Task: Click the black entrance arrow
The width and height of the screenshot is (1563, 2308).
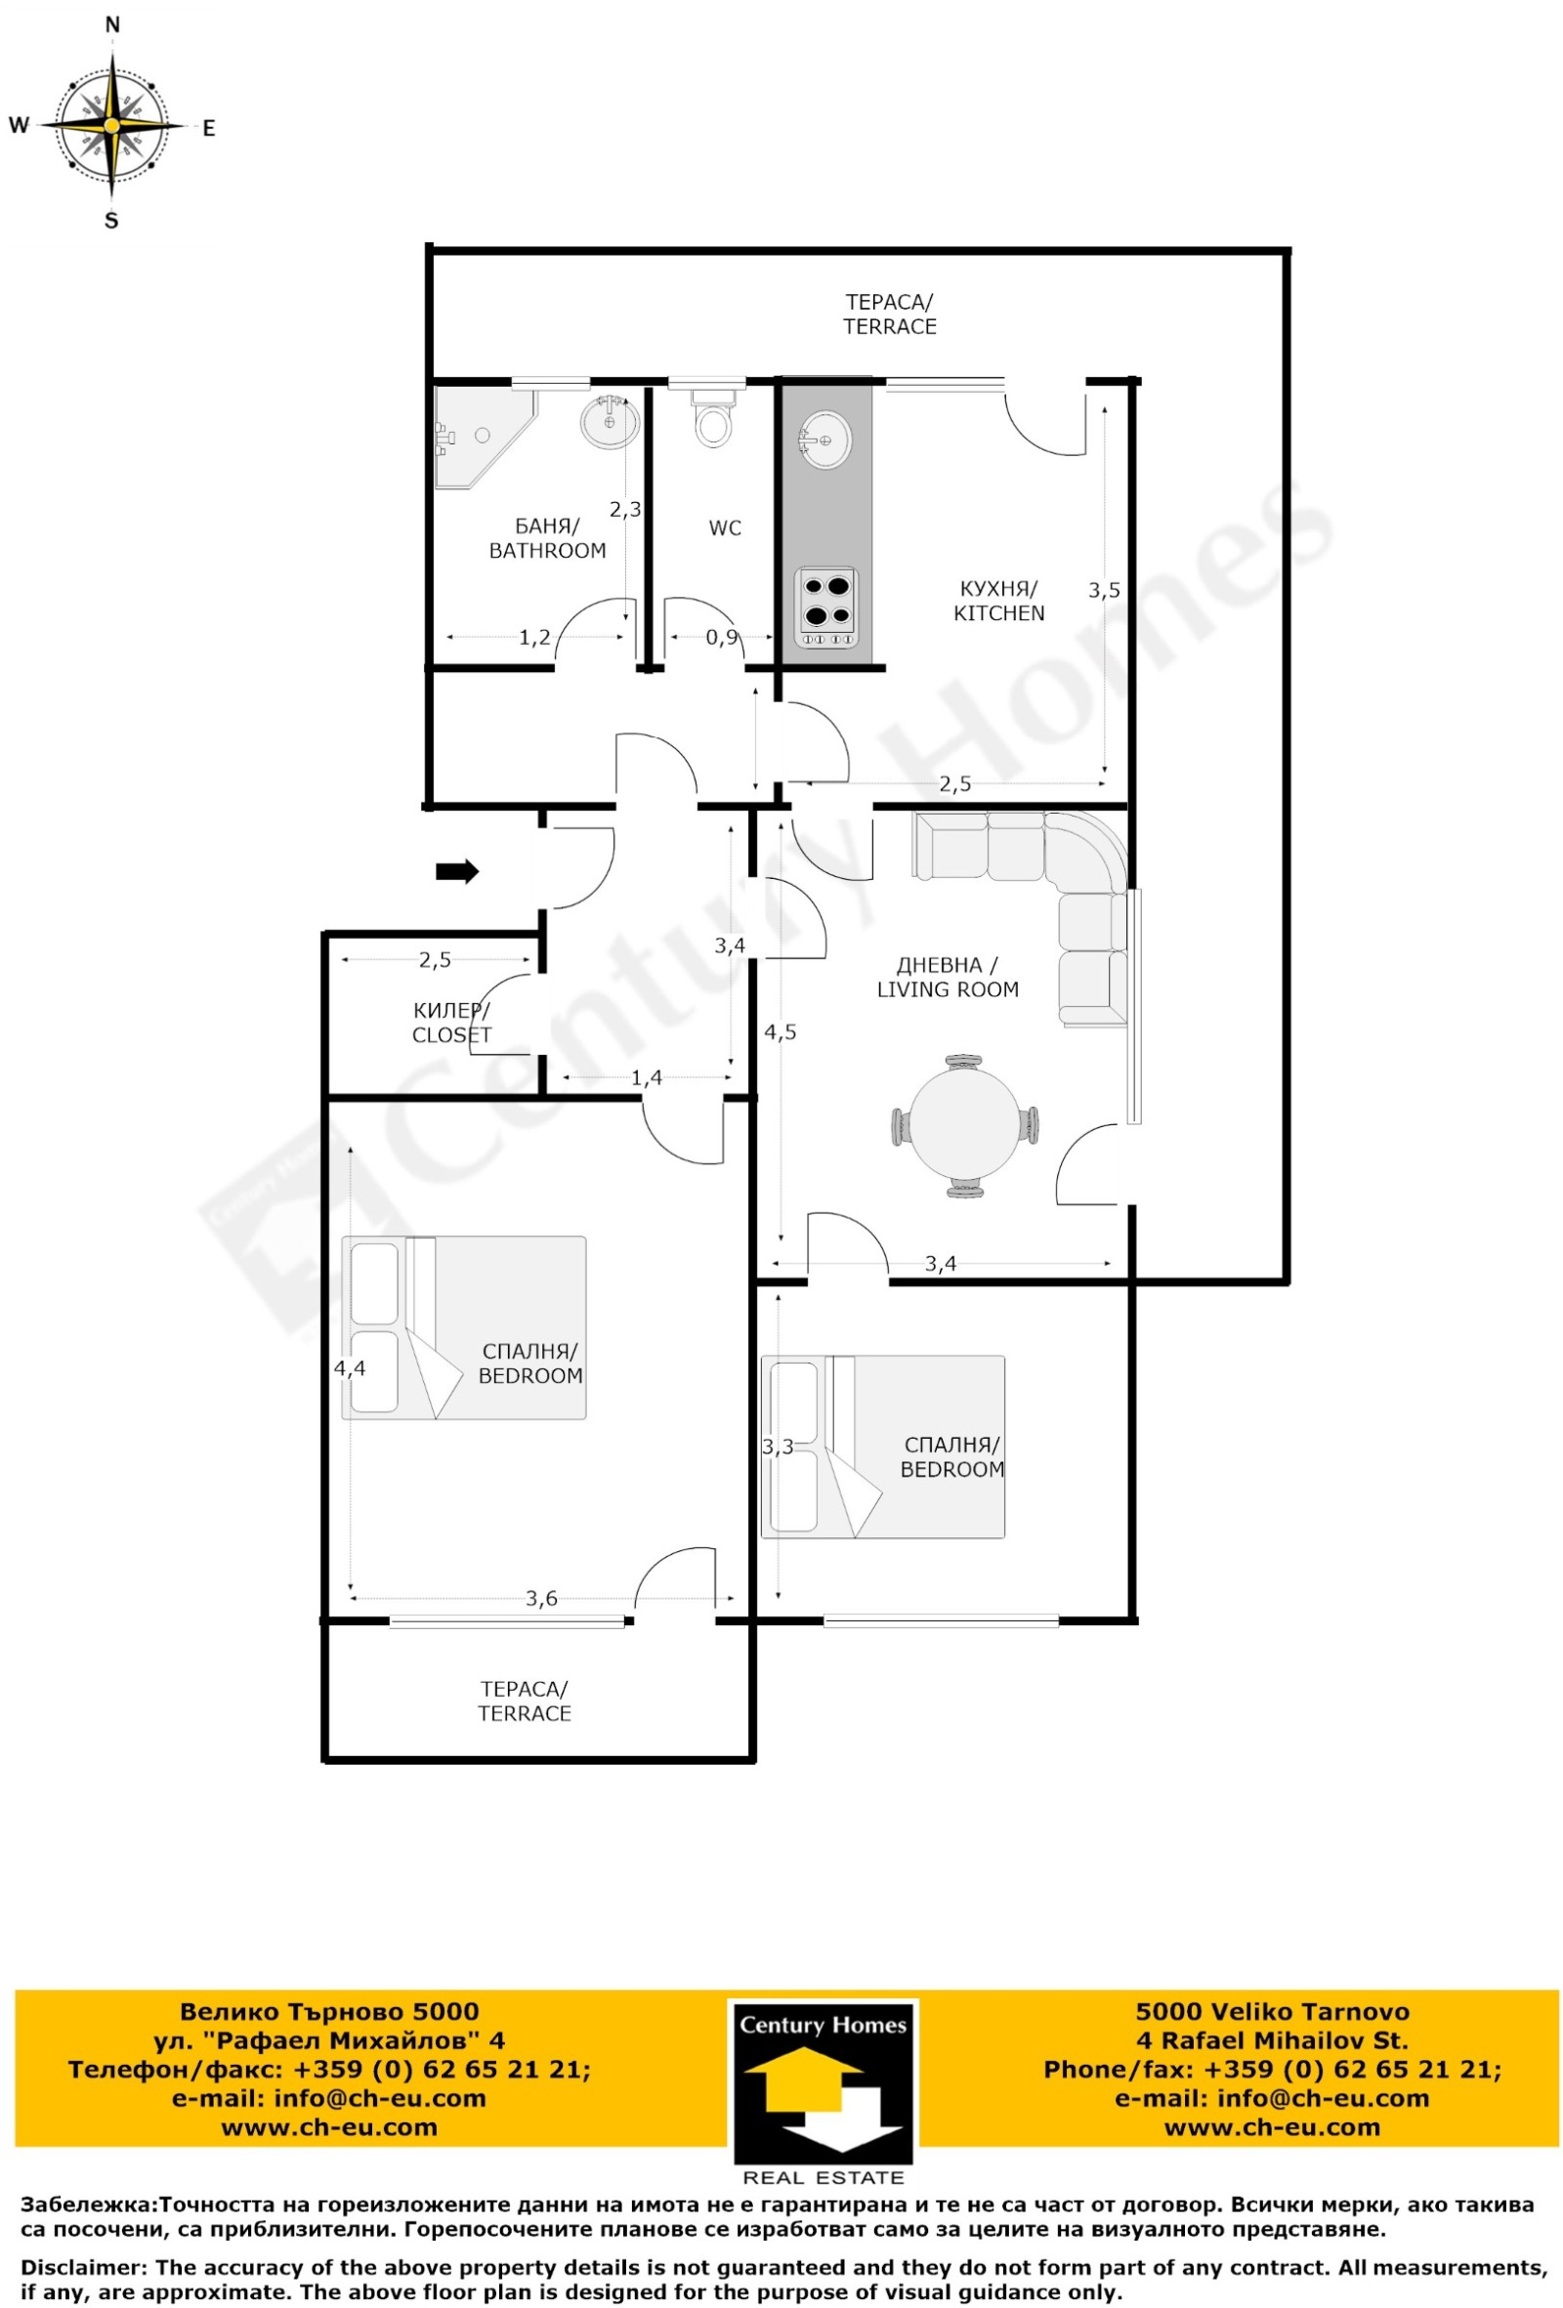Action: pyautogui.click(x=457, y=871)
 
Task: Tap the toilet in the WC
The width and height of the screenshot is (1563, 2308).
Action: pyautogui.click(x=712, y=417)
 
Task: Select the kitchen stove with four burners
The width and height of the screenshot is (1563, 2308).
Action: pyautogui.click(x=826, y=608)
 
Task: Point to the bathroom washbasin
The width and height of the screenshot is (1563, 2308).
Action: pyautogui.click(x=610, y=421)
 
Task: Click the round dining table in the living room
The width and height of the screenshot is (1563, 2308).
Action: pyautogui.click(x=964, y=1126)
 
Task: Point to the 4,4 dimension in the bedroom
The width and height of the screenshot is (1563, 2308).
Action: pyautogui.click(x=350, y=1367)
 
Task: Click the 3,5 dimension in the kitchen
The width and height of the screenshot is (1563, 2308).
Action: pyautogui.click(x=1103, y=590)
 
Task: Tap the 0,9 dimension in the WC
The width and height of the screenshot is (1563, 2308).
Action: pyautogui.click(x=722, y=637)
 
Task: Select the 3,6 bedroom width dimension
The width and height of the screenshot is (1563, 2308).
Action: pyautogui.click(x=541, y=1598)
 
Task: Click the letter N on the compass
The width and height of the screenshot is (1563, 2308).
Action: pyautogui.click(x=112, y=24)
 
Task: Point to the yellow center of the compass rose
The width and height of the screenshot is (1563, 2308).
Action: pyautogui.click(x=112, y=126)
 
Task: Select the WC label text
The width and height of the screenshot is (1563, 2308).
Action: pyautogui.click(x=725, y=528)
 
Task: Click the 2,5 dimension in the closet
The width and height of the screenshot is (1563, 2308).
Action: pyautogui.click(x=435, y=959)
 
